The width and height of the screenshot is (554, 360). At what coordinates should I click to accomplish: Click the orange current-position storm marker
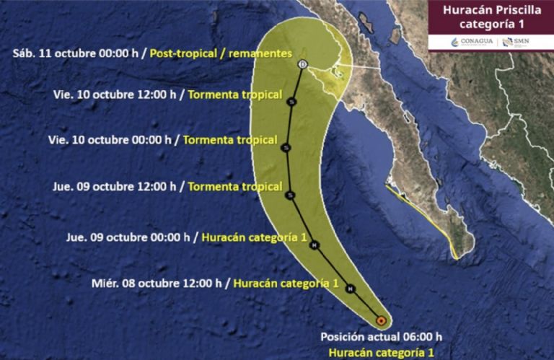point(382,320)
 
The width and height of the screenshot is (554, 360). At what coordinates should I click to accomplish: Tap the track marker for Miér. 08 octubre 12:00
point(350,289)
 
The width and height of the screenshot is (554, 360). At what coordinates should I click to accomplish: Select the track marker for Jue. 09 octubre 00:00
point(315,245)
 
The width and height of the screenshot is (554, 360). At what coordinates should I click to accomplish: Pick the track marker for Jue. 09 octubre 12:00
point(290,195)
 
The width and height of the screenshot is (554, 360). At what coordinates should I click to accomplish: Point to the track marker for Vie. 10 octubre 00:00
point(286,147)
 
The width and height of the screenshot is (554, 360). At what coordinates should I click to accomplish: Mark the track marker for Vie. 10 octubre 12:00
point(291,102)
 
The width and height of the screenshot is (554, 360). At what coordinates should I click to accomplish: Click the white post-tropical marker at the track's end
point(302,65)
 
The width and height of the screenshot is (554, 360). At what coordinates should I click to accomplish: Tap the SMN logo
point(516,42)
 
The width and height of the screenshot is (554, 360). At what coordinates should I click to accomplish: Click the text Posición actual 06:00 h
point(382,337)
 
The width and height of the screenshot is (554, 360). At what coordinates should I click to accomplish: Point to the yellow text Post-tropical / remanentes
point(220,54)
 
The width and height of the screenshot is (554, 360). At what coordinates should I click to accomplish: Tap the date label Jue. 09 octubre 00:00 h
point(128,236)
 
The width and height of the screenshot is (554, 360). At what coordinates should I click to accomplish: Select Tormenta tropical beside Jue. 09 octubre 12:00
point(234,186)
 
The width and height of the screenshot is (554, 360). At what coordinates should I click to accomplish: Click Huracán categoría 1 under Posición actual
point(381,352)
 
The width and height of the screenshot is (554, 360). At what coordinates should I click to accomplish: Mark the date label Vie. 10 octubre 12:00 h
point(115,94)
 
